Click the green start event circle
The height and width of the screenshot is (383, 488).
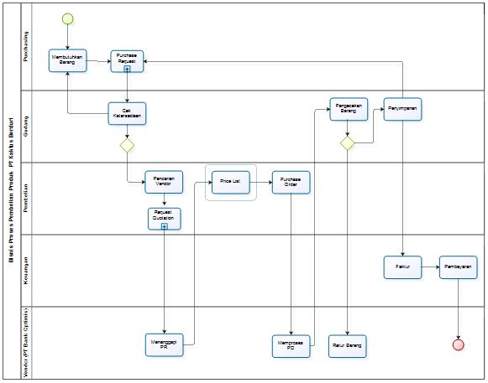67,18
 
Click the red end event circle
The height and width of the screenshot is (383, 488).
458,344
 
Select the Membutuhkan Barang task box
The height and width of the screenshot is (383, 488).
67,60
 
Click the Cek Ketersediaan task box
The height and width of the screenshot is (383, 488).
127,112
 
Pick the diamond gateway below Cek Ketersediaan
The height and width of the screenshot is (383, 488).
127,145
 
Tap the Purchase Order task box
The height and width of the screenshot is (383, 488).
291,182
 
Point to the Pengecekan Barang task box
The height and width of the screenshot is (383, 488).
348,110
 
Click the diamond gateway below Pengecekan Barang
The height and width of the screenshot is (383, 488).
348,143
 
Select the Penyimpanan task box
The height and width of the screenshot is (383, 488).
403,110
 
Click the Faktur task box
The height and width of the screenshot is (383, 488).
403,267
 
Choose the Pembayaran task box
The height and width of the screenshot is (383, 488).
459,267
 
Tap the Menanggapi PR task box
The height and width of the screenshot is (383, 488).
164,344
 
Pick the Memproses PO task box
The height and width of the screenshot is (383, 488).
291,344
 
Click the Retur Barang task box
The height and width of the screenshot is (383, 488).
348,344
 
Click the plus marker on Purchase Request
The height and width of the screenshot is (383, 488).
127,70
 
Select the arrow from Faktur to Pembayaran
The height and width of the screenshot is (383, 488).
430,267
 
